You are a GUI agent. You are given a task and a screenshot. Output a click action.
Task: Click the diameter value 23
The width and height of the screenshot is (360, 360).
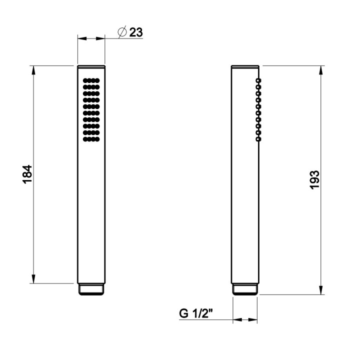(x=136, y=32)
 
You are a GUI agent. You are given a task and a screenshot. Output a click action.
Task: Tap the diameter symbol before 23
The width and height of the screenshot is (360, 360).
(x=122, y=32)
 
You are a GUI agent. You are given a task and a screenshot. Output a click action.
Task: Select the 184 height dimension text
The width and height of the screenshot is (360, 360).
(x=27, y=174)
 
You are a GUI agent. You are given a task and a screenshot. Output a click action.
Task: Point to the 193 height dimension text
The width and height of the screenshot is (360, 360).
(x=314, y=180)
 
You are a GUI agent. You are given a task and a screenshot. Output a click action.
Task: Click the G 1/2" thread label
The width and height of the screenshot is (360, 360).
(x=196, y=313)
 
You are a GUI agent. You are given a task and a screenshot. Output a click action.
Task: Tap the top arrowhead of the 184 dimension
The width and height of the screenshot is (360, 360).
(x=34, y=70)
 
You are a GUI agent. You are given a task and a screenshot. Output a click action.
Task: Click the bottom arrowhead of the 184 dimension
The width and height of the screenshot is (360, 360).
(x=34, y=279)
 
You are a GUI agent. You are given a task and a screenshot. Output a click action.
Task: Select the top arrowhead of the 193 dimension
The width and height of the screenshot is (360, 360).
(x=320, y=70)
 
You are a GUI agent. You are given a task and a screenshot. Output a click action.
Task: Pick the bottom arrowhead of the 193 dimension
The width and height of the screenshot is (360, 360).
(x=320, y=290)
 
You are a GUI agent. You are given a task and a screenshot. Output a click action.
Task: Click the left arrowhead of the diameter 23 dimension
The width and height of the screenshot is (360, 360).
(x=82, y=38)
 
